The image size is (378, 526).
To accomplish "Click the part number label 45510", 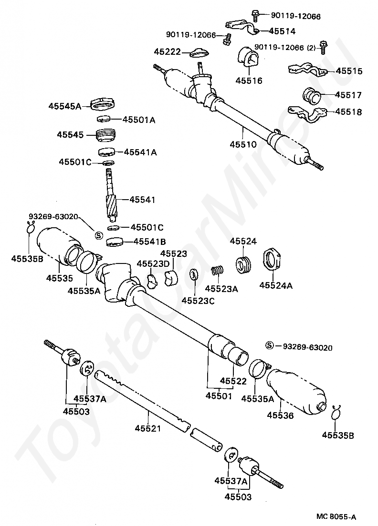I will point(243,144).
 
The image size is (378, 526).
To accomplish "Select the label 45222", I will point(167,51).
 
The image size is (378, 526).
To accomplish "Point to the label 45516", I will point(248,81).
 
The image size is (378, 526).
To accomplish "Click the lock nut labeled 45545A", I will point(103,103).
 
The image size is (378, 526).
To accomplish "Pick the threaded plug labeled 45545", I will point(106,135).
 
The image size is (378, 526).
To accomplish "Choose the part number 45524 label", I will point(243,242).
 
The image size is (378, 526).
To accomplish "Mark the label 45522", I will point(233,381).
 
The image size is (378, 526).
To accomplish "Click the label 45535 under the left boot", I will point(60,277).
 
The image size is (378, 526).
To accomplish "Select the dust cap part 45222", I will point(200,52).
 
